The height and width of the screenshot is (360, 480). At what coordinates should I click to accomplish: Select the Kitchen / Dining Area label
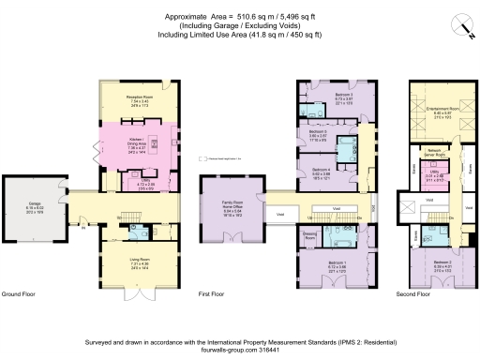coord(139,139)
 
